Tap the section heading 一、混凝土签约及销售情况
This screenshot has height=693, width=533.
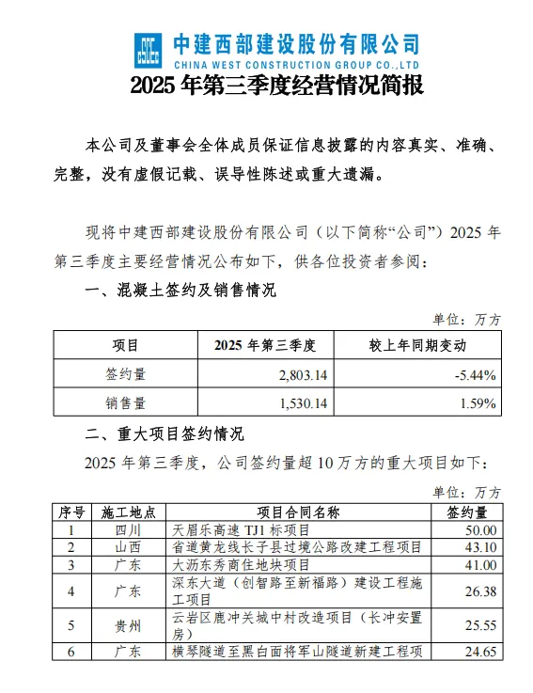[x=180, y=291]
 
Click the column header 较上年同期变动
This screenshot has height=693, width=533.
[x=417, y=345]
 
